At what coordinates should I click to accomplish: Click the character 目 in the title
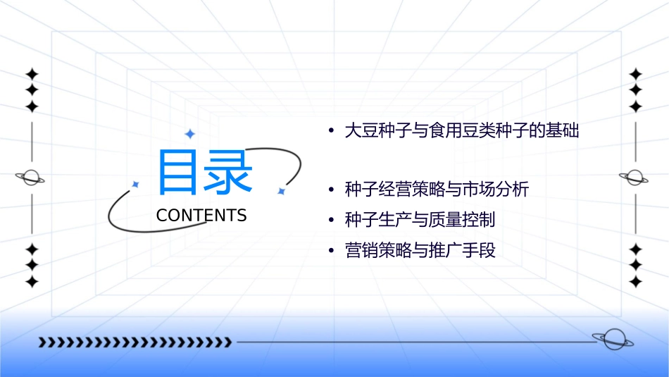tap(180, 172)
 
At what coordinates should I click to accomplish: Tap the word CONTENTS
tap(201, 216)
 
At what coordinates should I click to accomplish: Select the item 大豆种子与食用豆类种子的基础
tap(461, 131)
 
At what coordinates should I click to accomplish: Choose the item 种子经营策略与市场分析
tap(437, 190)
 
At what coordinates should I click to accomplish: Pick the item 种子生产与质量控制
tap(420, 220)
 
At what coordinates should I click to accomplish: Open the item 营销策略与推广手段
tap(420, 251)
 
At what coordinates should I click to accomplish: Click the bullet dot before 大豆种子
tap(331, 132)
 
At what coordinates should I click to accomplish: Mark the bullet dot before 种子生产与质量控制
tap(331, 221)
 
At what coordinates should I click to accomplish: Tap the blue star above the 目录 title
tap(189, 134)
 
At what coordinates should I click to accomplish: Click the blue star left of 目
tap(136, 185)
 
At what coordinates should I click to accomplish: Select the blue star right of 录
tap(281, 191)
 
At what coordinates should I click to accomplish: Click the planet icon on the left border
tap(31, 178)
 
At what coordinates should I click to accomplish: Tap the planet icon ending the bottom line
tap(612, 340)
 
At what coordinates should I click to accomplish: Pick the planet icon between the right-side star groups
tap(634, 178)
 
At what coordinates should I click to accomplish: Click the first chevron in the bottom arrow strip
tap(42, 342)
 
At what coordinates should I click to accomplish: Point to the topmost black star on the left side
tap(31, 73)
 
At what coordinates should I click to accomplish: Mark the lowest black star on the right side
tap(635, 282)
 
